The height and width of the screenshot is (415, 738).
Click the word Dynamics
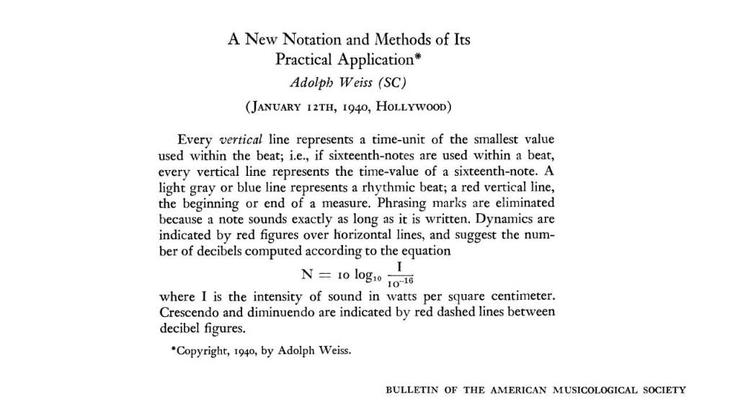[x=506, y=219]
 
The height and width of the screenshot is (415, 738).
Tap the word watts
[x=383, y=298]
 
